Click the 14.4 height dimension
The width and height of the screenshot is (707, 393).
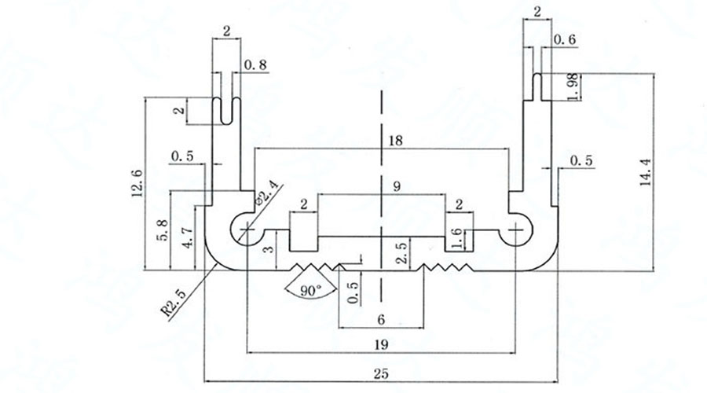646,172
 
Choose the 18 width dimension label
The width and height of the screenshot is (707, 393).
395,141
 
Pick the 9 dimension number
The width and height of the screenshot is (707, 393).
397,186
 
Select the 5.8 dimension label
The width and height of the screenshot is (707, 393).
162,232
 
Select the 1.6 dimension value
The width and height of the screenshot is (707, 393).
459,237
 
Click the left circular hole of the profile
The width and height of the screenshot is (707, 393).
248,229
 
